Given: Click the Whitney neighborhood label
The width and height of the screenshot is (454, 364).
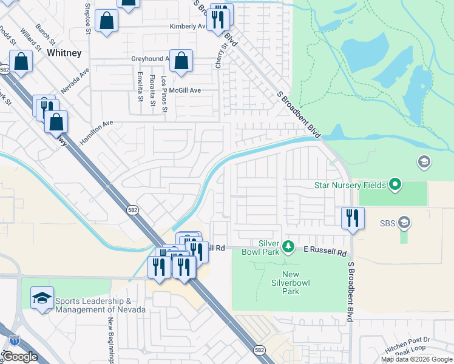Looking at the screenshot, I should (64, 53).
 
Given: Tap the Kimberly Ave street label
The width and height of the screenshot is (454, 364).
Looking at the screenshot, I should (188, 27).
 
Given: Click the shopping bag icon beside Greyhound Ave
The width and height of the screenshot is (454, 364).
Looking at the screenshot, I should (181, 61).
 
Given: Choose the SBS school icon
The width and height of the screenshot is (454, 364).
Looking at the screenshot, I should (404, 223).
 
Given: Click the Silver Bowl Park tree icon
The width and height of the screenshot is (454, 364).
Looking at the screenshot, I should (289, 247).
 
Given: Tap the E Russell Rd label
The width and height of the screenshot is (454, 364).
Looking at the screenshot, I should (325, 249).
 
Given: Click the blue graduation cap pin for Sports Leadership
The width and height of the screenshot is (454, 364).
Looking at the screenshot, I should (42, 298).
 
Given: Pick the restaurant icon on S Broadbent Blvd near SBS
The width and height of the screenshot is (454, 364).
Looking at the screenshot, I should (352, 217).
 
